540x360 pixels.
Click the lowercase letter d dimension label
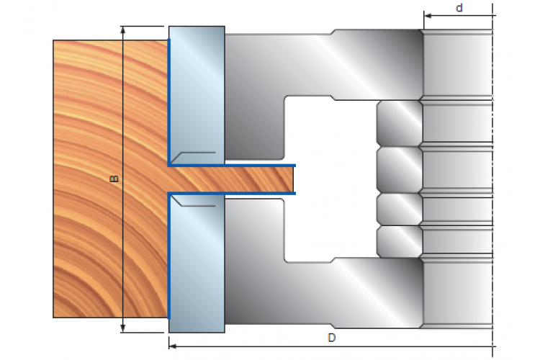pyautogui.click(x=459, y=8)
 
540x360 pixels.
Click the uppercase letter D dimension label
pyautogui.click(x=331, y=338)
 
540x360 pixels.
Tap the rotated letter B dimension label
pyautogui.click(x=114, y=179)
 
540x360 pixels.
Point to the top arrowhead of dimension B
pyautogui.click(x=123, y=30)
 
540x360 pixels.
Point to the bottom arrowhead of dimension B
pyautogui.click(x=123, y=329)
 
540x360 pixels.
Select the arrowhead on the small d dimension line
pyautogui.click(x=428, y=16)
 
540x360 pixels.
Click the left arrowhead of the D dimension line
pyautogui.click(x=173, y=346)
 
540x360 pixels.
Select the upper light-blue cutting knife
pyautogui.click(x=197, y=95)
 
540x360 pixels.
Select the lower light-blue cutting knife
pyautogui.click(x=197, y=264)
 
